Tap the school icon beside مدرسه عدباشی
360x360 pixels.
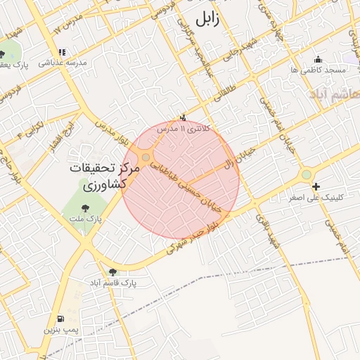tap(63, 52)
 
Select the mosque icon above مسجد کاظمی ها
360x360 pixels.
tap(319, 60)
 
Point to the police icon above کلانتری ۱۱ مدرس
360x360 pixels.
tap(184, 118)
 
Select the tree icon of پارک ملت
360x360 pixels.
tap(85, 208)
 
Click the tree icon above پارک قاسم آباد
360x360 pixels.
tap(112, 271)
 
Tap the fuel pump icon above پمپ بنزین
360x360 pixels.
tap(60, 319)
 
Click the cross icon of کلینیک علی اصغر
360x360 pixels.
tap(316, 186)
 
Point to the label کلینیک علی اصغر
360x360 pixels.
tap(316, 198)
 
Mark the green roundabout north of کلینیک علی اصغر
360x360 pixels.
tap(306, 174)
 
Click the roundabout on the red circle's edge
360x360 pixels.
tap(145, 157)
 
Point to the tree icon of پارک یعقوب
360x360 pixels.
tap(2, 54)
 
